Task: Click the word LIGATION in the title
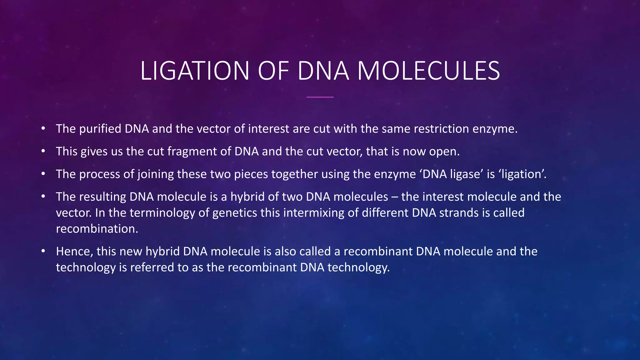point(195,71)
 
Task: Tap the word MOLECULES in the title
point(428,71)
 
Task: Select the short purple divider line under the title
point(320,97)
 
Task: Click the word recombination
point(97,229)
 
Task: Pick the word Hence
point(74,252)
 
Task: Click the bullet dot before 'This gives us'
point(43,152)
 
